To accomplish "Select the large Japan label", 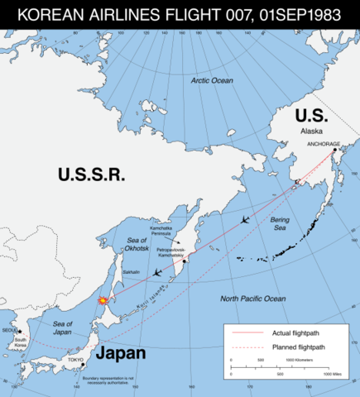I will coord(121,354).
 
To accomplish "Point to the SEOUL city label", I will coord(11,330).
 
